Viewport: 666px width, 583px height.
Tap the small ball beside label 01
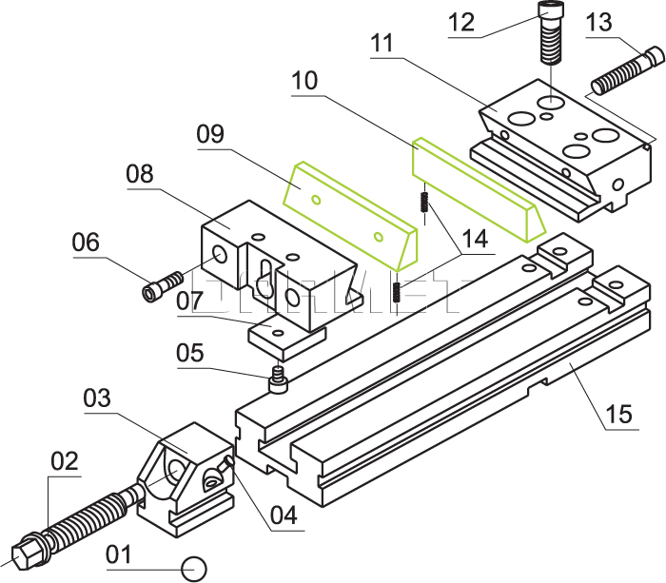[x=195, y=567]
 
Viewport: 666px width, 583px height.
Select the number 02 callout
[x=64, y=461]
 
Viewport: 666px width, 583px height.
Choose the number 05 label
[x=189, y=353]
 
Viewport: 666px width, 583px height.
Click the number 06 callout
[x=86, y=243]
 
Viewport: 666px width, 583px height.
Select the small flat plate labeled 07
[x=287, y=334]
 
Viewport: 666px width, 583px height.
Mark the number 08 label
[x=139, y=174]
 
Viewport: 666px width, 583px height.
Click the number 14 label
[x=472, y=239]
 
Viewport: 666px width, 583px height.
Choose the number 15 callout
[x=618, y=415]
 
